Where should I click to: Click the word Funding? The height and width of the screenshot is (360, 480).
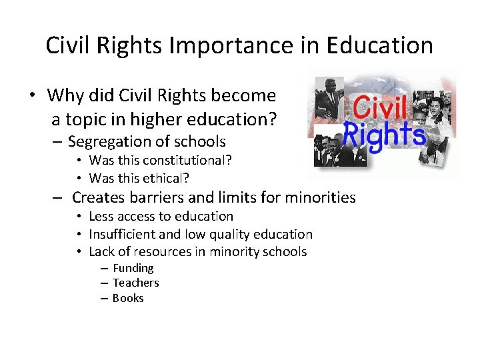tap(133, 268)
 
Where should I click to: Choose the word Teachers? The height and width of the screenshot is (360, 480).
tap(136, 283)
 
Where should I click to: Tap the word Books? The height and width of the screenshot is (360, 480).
tap(128, 298)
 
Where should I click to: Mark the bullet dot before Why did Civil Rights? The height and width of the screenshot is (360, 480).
tap(32, 95)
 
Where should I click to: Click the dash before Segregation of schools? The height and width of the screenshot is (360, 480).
tap(57, 142)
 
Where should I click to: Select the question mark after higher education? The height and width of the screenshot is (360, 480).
tap(273, 120)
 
